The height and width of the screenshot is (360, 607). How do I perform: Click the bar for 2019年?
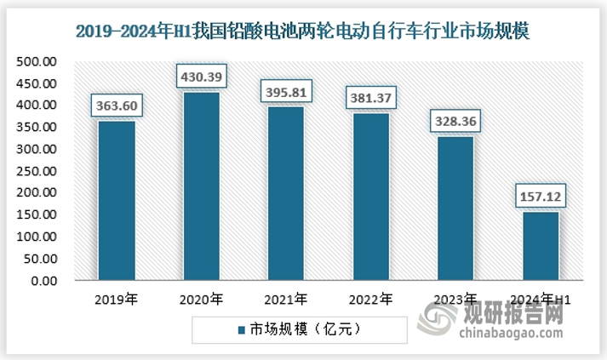[x=116, y=201]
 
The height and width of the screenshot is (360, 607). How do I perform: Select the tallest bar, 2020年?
[x=201, y=186]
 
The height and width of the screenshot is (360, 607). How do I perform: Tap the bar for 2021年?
[x=285, y=194]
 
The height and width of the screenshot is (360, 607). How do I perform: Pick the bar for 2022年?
[x=370, y=197]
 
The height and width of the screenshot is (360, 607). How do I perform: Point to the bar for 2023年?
[x=455, y=209]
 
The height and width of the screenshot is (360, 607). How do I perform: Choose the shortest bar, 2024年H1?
[x=540, y=246]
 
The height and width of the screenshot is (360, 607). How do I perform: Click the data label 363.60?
[x=116, y=107]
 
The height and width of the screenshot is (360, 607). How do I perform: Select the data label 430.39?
[x=201, y=77]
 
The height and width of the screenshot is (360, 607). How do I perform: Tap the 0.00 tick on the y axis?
[x=44, y=281]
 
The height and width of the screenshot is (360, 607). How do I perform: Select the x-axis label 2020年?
[x=202, y=299]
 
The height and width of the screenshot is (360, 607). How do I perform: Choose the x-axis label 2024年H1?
[x=541, y=299]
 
